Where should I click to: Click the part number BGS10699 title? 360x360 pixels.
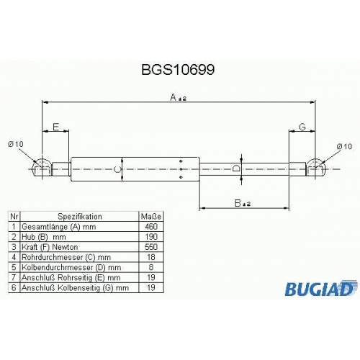click(178, 70)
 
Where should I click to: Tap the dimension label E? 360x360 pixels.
click(55, 127)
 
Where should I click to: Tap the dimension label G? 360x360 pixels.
click(302, 127)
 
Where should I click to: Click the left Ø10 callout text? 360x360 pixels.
click(16, 144)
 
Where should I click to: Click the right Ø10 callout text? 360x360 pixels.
click(344, 146)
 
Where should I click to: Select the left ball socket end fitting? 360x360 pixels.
click(42, 168)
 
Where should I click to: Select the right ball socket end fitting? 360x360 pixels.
click(315, 168)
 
